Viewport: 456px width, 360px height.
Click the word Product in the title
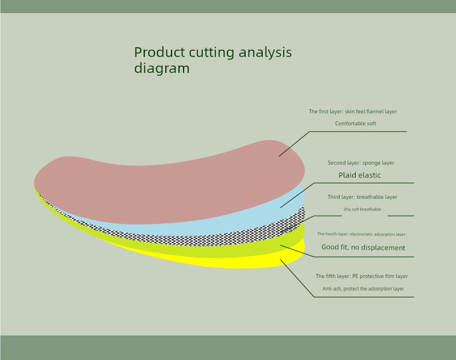(x=160, y=52)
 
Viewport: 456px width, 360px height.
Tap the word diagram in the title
(x=162, y=68)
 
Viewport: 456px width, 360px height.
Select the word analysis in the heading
(x=265, y=53)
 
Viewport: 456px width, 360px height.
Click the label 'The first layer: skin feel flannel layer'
(x=353, y=112)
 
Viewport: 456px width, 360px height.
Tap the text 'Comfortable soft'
(x=355, y=124)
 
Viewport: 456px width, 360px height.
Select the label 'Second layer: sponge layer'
(x=361, y=163)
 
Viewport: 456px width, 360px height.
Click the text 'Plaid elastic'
(x=360, y=175)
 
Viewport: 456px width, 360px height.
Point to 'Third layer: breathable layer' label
(x=363, y=197)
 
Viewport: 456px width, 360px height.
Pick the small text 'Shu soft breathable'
(x=362, y=209)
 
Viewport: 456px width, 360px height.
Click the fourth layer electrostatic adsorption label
(x=361, y=234)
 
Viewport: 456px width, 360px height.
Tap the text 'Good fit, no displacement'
(x=363, y=247)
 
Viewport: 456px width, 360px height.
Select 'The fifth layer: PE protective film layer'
(x=362, y=276)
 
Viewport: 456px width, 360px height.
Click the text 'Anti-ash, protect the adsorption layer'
(x=363, y=289)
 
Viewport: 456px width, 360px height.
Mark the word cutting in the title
(x=211, y=53)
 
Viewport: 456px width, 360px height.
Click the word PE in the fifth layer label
(x=355, y=276)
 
